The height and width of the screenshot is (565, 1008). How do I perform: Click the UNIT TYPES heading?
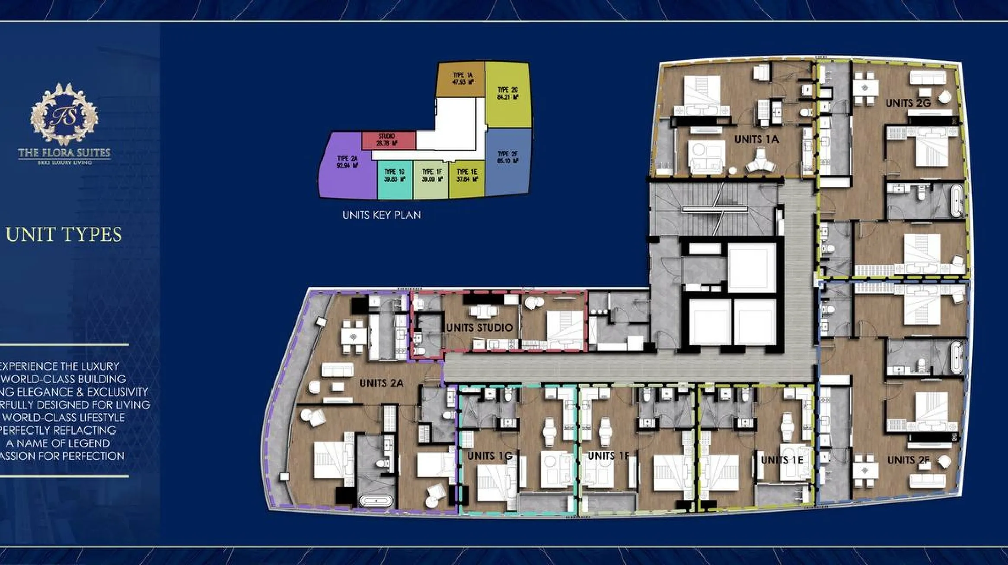(64, 234)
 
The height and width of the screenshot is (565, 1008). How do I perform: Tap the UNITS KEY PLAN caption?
(382, 215)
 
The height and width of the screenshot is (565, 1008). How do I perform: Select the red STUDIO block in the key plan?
(388, 140)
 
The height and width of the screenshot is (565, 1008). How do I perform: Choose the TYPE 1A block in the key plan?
(461, 79)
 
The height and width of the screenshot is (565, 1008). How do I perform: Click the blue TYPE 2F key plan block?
(508, 160)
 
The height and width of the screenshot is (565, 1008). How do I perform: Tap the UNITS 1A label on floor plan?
(756, 140)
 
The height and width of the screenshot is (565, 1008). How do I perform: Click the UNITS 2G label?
(908, 103)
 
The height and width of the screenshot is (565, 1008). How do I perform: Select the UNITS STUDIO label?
(479, 328)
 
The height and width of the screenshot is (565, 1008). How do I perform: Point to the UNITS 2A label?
(381, 383)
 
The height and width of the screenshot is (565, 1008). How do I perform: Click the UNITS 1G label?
(489, 456)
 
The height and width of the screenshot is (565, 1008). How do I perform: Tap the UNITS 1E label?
(782, 460)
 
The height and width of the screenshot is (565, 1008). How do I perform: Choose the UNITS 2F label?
(908, 460)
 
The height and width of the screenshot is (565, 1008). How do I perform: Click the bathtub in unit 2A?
(376, 502)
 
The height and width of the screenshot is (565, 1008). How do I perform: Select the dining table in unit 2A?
(354, 336)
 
